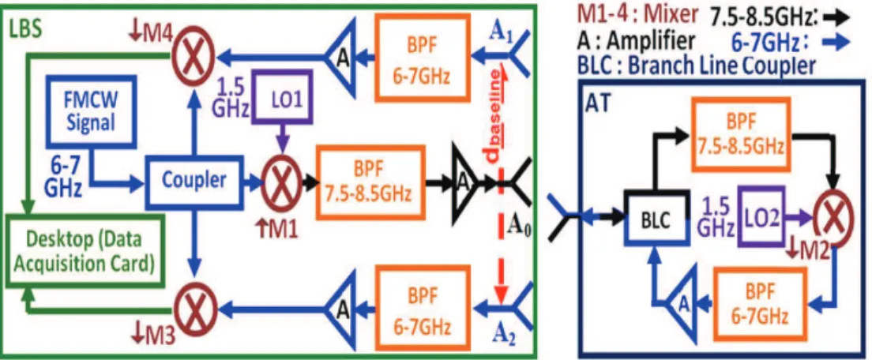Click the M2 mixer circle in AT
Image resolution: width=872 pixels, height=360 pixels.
pos(833,219)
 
